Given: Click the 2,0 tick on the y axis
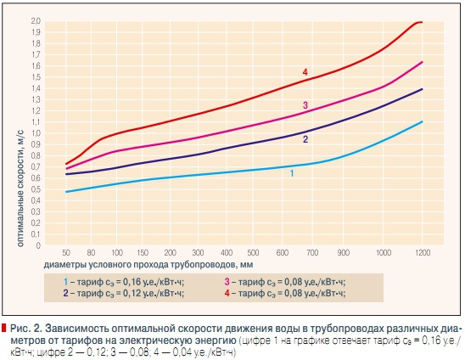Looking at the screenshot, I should [35, 20].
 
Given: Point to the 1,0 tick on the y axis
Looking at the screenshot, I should [35, 133].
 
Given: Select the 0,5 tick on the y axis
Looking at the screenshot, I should [35, 190].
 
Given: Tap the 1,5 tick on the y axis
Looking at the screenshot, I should [35, 77].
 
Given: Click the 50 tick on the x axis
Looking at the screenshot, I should [65, 253].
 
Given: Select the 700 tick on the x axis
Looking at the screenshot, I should [311, 253].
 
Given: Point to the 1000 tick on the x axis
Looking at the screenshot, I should [384, 253].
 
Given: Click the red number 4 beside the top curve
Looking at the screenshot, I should [305, 73].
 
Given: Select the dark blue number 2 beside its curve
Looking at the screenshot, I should [305, 138].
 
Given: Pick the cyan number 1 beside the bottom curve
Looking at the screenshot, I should [291, 173].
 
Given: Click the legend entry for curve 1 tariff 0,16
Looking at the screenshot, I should [125, 281].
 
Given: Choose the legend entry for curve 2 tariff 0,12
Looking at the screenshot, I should [125, 293].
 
